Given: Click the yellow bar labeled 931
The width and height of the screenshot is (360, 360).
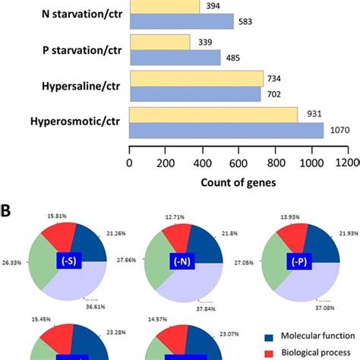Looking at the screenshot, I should click(x=213, y=115).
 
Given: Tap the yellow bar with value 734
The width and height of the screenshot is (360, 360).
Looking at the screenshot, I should click(x=197, y=78).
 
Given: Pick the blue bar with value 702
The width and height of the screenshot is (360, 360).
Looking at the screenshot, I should click(x=195, y=93).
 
